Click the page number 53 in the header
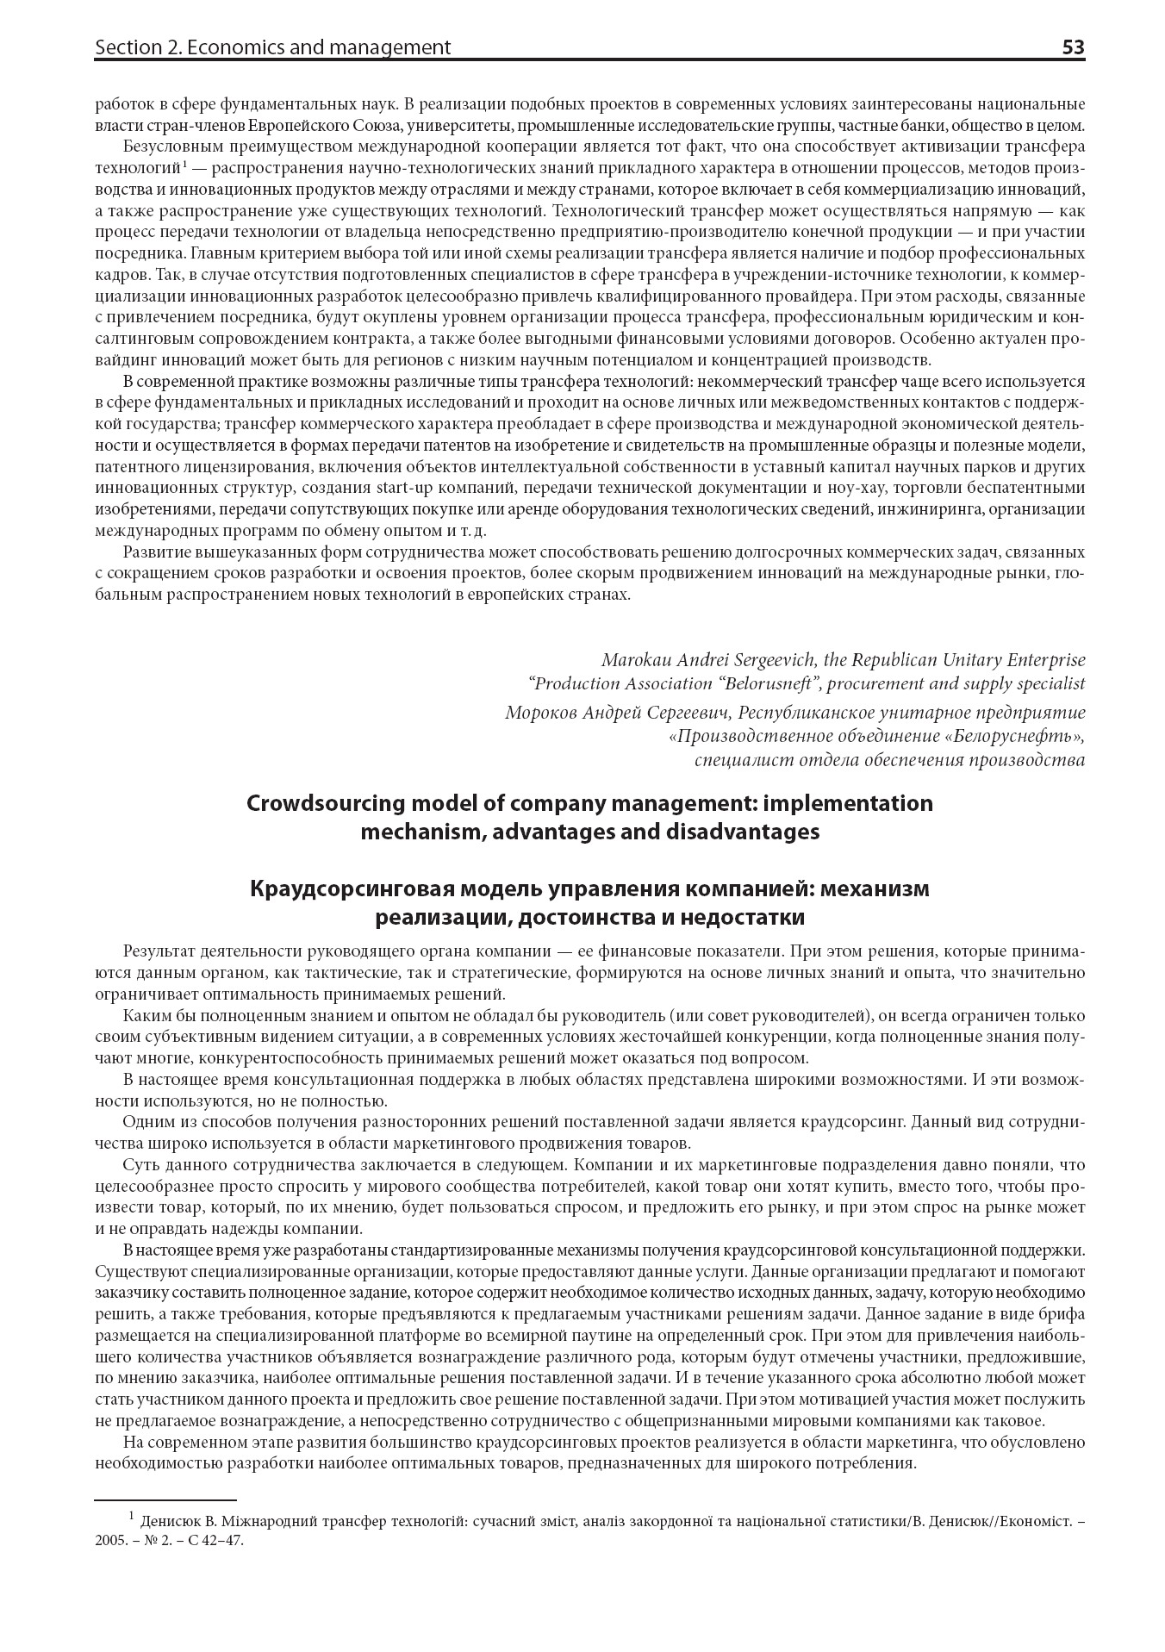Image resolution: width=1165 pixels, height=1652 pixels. (x=1073, y=47)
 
